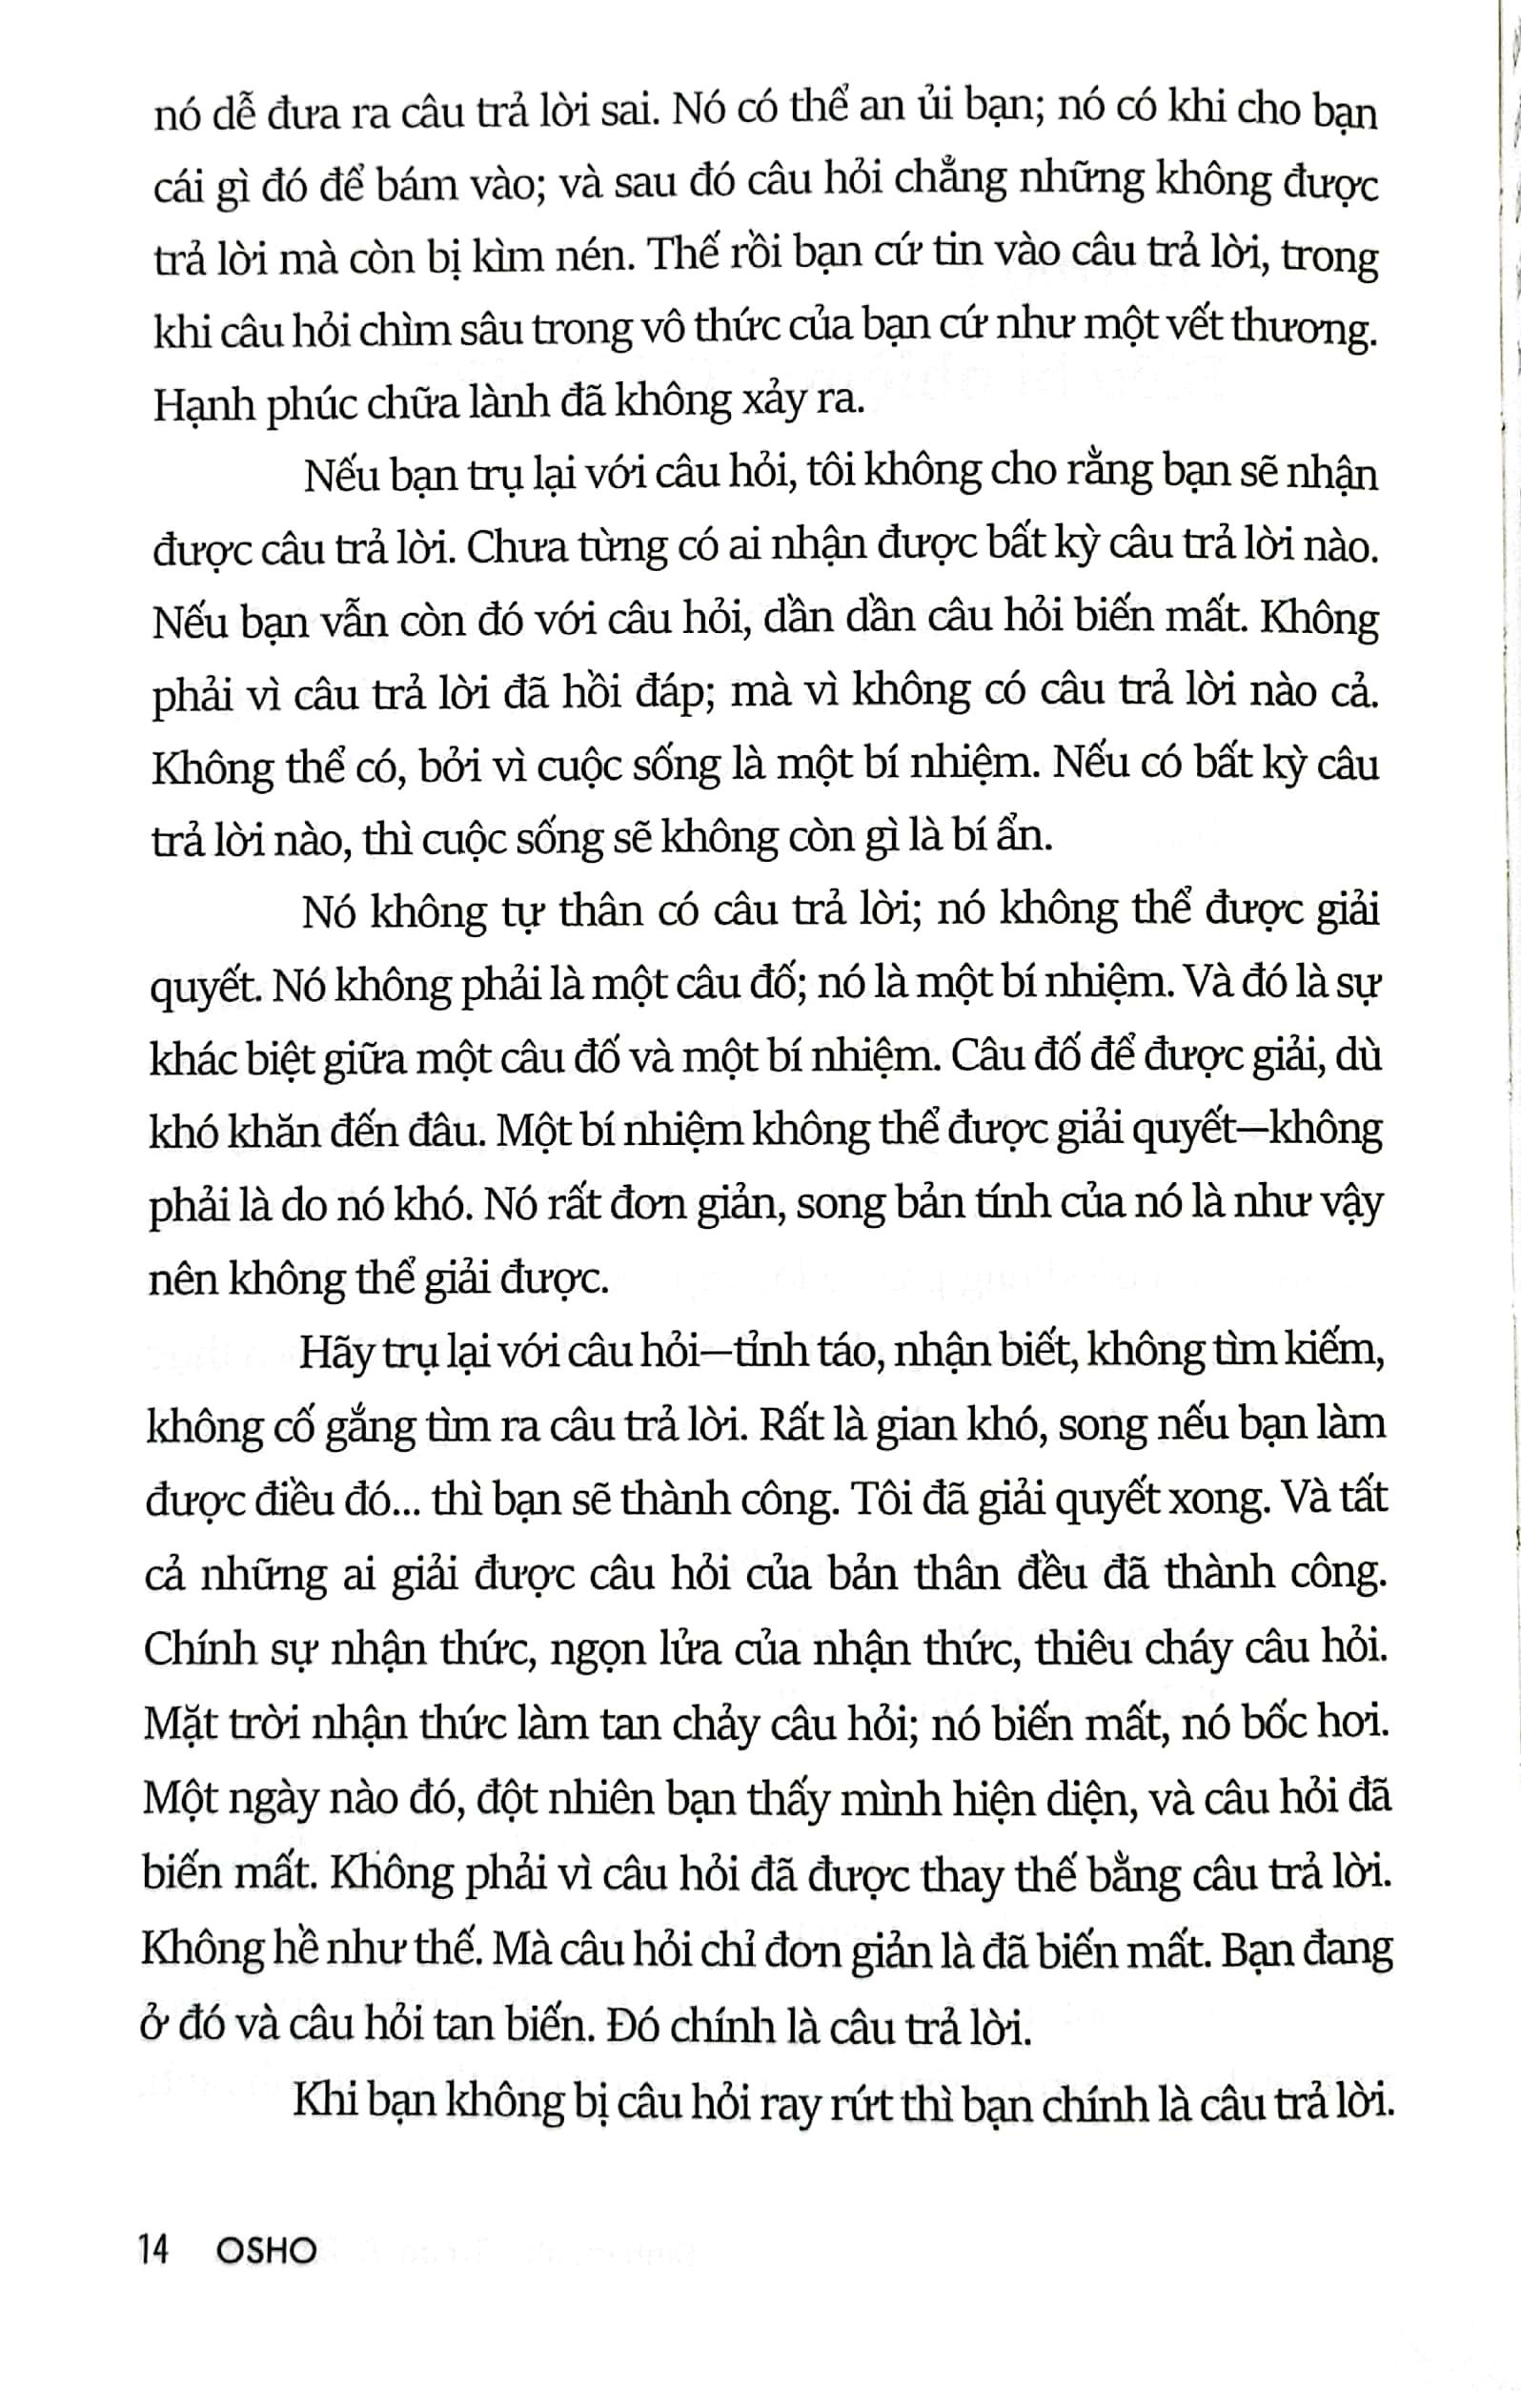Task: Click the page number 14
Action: [x=155, y=2249]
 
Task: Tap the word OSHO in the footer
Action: [x=266, y=2249]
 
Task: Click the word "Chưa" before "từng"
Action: [x=509, y=548]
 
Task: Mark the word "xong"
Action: [x=1225, y=1500]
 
